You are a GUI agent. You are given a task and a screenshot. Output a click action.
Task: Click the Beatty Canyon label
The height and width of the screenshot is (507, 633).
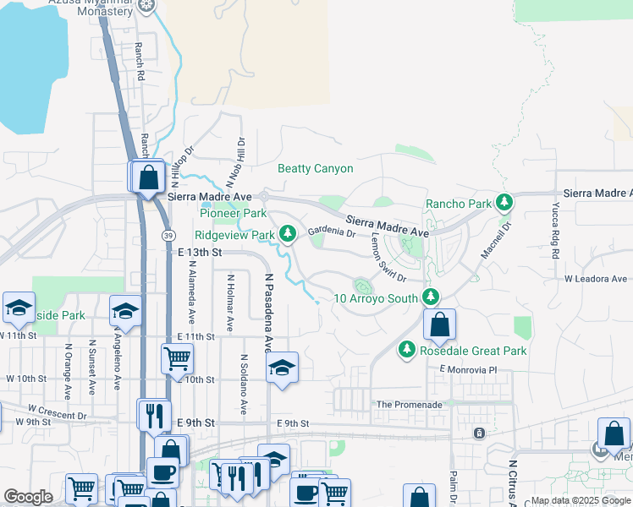316,169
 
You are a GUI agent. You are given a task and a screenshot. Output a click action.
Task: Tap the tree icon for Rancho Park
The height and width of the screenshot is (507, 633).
505,203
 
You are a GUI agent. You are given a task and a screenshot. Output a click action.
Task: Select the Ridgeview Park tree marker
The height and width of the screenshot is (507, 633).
288,233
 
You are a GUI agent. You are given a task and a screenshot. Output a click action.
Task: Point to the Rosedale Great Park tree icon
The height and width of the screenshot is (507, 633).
407,349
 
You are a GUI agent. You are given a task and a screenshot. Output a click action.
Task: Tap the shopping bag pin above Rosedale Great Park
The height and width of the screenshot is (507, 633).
440,324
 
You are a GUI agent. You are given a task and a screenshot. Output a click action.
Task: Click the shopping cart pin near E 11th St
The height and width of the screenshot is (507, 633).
177,359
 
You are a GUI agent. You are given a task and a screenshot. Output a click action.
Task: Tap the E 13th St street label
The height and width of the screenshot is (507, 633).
200,252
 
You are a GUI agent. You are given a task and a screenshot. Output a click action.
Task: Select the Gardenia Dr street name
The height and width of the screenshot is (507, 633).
331,231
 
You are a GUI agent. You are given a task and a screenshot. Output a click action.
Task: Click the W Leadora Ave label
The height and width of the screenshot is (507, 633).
596,279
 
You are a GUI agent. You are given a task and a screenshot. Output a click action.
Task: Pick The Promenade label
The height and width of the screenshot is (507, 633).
410,405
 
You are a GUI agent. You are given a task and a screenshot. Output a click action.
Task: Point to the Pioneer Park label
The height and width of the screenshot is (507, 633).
234,214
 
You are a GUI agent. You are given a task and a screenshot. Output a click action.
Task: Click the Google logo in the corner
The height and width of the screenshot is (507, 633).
28,497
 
